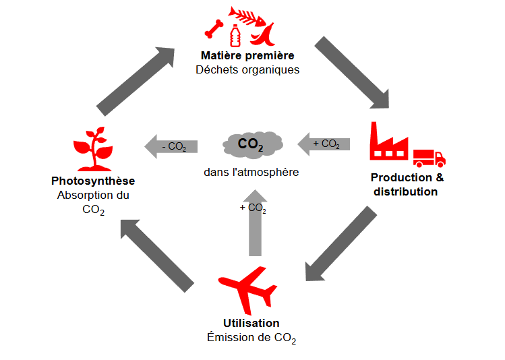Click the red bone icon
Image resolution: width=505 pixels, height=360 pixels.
point(214,28)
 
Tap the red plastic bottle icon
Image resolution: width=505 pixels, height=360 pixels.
point(235,35)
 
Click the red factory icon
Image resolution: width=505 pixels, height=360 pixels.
point(389,142)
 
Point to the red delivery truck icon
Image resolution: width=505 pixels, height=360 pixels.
point(428,158)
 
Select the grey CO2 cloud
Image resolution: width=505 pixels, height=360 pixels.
point(251,144)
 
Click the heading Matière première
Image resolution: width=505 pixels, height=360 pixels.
point(247,55)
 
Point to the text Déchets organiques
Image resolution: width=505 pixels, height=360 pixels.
point(247,69)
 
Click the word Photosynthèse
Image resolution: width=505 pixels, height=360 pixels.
point(93,181)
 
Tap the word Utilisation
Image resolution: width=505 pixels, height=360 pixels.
point(251,323)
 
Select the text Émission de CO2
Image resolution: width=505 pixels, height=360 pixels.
point(251,337)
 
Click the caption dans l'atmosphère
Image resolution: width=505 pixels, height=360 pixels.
point(251,172)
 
